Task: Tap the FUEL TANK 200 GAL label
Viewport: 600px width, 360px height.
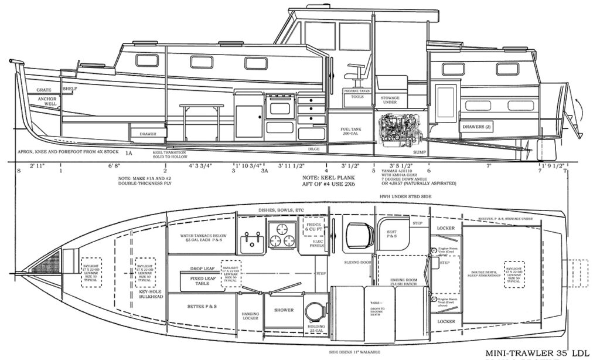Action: (x=353, y=131)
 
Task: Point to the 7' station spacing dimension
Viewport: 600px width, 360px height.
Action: (x=487, y=166)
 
